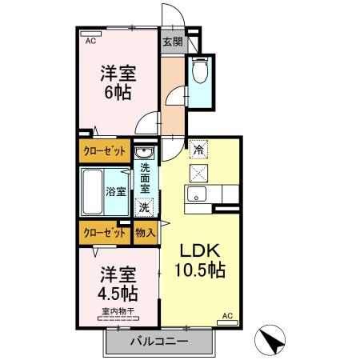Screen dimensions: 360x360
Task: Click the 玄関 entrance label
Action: coord(172,42)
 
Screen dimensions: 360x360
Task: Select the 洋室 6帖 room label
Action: coord(118,82)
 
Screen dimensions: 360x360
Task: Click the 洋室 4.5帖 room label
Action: coord(118,282)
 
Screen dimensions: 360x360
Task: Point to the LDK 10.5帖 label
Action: coord(199,258)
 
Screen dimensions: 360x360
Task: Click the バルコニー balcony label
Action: coord(159,342)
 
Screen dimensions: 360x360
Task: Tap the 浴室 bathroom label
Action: coord(116,191)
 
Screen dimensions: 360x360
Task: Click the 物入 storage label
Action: coord(145,233)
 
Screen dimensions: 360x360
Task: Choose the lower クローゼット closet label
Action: coord(105,233)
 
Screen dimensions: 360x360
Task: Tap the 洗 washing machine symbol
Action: coord(145,207)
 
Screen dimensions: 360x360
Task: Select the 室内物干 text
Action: coord(118,310)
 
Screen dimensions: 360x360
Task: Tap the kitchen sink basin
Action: coord(196,194)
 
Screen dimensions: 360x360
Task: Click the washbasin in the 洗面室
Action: coord(145,153)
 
